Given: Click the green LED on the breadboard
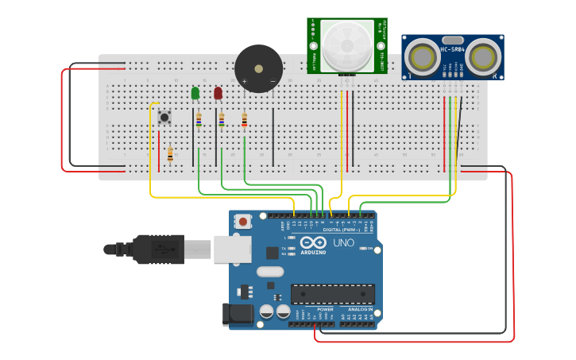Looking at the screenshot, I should pos(195,93).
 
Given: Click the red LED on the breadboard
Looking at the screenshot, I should pos(218,93).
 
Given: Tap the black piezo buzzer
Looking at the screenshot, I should pos(258,68).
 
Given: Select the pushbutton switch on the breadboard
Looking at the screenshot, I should pos(164,118).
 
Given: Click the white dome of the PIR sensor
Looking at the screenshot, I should pos(346,45).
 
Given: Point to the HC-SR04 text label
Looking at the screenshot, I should pos(452,50).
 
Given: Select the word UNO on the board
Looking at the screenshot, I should pos(343,242).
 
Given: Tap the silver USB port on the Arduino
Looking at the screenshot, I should pos(232,249).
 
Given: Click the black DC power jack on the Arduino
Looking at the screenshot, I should pos(238,315).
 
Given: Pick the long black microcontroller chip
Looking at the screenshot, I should pos(332,294).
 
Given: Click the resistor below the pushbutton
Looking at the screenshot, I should pos(170,155).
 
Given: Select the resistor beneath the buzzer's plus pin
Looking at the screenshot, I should pos(244,120).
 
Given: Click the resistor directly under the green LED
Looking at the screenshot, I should pos(199,120).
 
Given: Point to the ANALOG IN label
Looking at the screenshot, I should pos(359,309).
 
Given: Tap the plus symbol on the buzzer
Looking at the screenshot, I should pos(245,81).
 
